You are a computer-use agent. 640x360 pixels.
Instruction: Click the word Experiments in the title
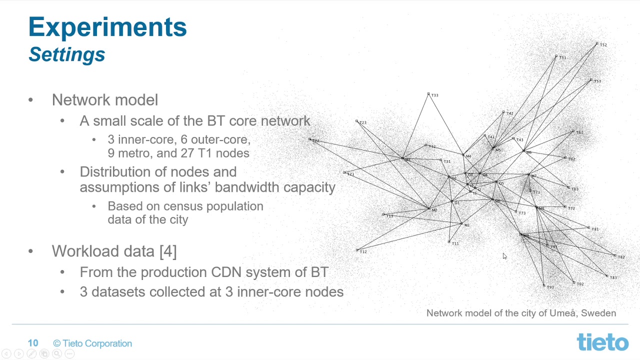point(107,27)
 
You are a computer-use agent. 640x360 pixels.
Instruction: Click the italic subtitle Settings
point(67,54)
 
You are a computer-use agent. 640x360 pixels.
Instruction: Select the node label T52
point(603,45)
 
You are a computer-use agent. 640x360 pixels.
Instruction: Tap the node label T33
point(434,95)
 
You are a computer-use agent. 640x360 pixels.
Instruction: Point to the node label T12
point(363,251)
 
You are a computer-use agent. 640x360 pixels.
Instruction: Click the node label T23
point(362,122)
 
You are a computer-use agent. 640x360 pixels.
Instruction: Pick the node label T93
point(550,287)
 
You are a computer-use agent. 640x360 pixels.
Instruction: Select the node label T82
point(621,257)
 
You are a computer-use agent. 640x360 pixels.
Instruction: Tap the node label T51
point(562,58)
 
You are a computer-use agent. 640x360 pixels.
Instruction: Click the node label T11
point(455,243)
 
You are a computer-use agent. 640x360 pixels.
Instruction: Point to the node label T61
point(579,132)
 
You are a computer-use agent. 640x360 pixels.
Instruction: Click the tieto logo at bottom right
point(602,342)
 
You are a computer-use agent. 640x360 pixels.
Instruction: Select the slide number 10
point(33,343)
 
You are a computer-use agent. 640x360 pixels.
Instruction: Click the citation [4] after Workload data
point(168,251)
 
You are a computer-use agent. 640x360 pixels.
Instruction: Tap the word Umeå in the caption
point(562,313)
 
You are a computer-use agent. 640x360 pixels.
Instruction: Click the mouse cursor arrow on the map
point(504,256)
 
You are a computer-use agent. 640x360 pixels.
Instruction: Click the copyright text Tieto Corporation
point(97,343)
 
